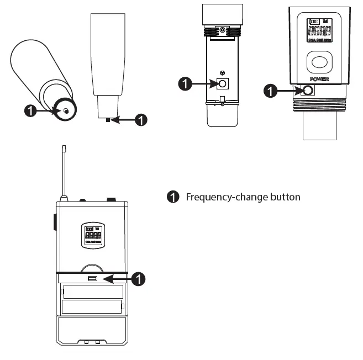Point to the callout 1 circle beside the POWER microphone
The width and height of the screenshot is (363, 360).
coord(271,89)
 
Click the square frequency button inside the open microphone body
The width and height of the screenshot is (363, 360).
coord(222,83)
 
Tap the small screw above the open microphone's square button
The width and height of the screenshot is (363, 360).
coord(222,73)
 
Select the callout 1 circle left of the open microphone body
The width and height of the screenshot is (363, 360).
coord(185,84)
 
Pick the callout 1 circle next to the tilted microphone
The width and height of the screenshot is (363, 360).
coord(32,110)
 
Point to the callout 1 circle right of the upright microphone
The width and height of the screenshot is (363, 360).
coord(141,118)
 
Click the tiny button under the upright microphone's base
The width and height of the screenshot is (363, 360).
coord(108,118)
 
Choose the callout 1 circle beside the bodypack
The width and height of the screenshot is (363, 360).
coord(140,279)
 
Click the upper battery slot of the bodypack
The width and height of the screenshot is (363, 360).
coord(92,291)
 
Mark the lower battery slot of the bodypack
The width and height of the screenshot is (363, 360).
coord(92,306)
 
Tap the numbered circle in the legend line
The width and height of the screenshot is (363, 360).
coord(173,197)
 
